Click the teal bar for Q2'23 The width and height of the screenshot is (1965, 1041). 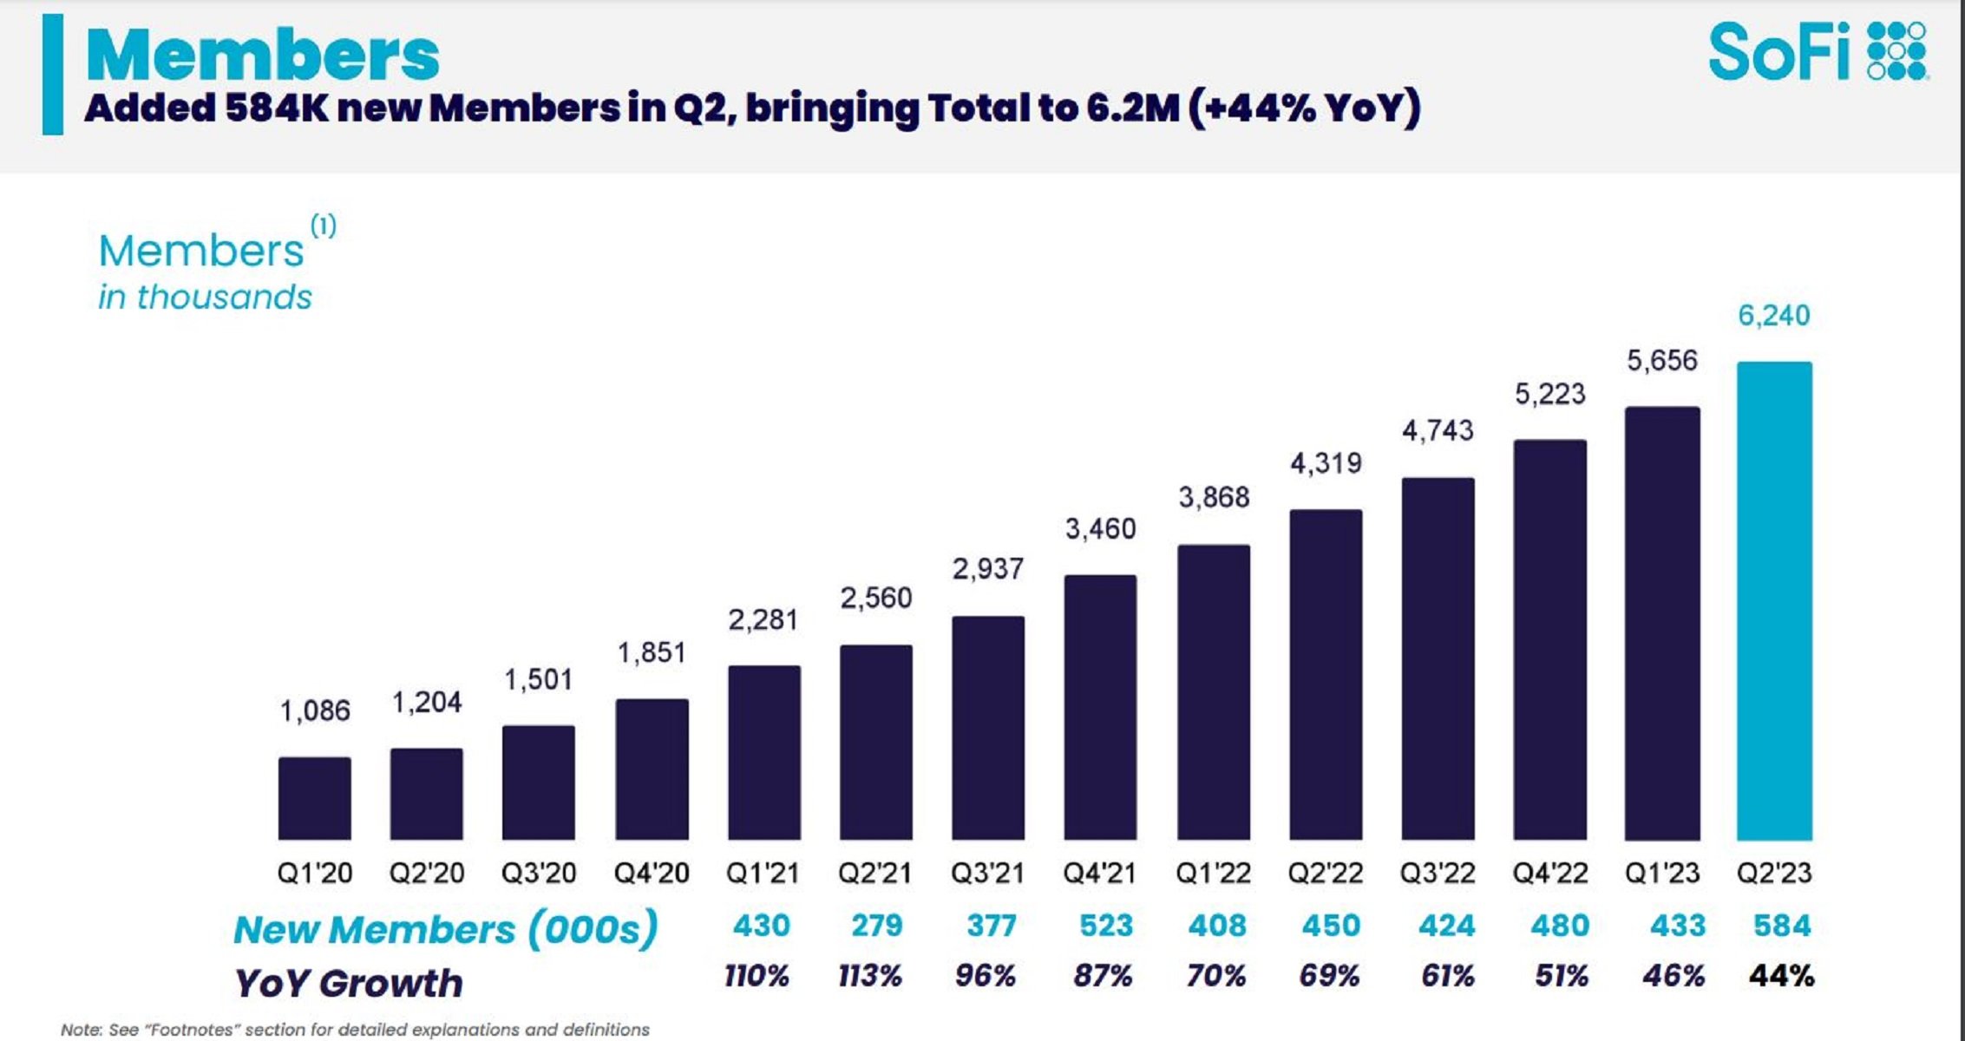1774,600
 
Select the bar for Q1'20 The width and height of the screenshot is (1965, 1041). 314,798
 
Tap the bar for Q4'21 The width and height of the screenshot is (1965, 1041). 1100,707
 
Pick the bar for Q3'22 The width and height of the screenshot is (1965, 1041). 1438,658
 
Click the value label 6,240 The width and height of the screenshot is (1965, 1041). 1773,315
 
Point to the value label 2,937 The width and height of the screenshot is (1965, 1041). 987,569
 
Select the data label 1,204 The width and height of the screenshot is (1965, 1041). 426,702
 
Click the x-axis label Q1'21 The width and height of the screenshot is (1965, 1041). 763,873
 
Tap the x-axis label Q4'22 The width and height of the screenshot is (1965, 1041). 1549,873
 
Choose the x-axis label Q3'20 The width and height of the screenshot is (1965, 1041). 538,873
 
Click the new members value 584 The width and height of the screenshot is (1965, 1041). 1781,926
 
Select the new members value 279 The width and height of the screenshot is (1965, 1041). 876,926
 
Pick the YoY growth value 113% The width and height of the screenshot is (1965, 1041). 869,976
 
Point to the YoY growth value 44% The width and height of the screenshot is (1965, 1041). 1781,976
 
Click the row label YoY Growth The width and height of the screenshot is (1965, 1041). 349,983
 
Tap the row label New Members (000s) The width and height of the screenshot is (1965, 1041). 445,929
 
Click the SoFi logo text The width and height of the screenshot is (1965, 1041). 1778,52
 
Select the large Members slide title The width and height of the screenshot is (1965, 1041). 263,56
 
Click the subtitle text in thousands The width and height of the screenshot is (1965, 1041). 205,297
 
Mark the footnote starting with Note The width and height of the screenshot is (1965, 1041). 354,1030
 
